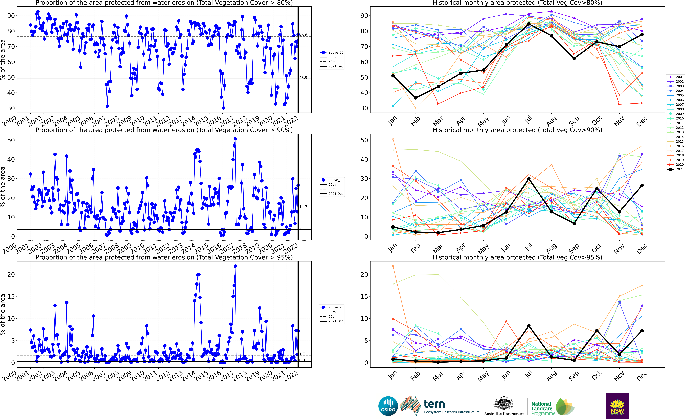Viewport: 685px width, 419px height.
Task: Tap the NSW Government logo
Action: [x=617, y=406]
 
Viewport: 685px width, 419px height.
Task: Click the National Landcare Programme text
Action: [x=541, y=408]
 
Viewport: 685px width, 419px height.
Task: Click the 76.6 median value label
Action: [x=303, y=35]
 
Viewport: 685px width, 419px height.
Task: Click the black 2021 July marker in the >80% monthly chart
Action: [x=529, y=24]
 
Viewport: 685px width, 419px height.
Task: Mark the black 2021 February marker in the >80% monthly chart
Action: [x=416, y=98]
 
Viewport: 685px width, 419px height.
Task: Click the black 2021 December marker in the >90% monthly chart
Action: [x=642, y=185]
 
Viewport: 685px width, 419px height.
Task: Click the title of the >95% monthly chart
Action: [x=517, y=257]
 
